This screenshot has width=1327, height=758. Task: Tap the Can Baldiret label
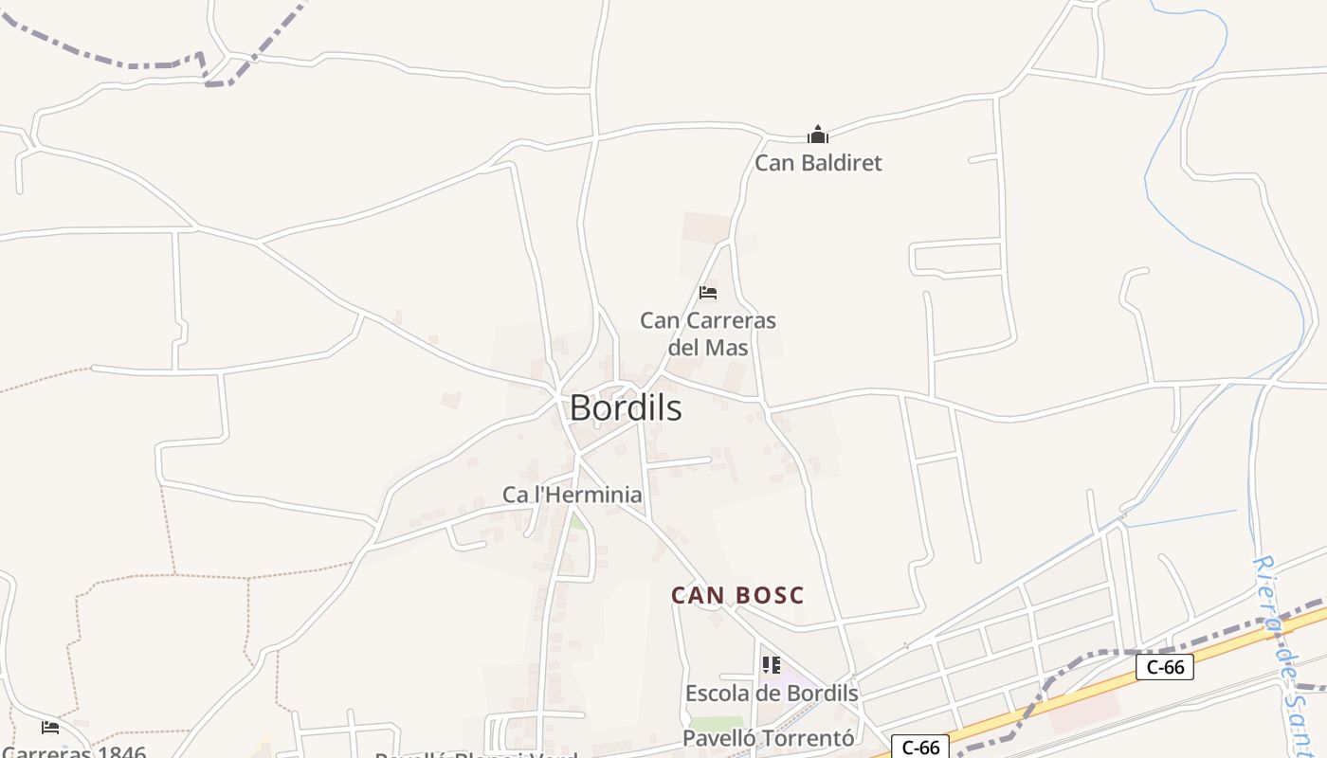(818, 163)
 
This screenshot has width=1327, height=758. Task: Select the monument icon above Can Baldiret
(818, 135)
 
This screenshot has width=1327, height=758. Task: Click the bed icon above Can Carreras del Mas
(708, 292)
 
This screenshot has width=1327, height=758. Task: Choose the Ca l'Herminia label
(572, 495)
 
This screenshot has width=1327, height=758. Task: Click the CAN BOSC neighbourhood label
(737, 596)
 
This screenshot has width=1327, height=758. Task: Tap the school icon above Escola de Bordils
(772, 665)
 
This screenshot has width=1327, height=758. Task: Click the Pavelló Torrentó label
(769, 738)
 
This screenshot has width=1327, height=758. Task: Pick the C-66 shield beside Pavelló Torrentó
(919, 748)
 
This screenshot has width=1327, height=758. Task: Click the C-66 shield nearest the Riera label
(1164, 667)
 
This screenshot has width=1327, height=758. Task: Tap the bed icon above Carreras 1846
(50, 728)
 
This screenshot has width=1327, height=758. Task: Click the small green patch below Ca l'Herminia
(575, 521)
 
